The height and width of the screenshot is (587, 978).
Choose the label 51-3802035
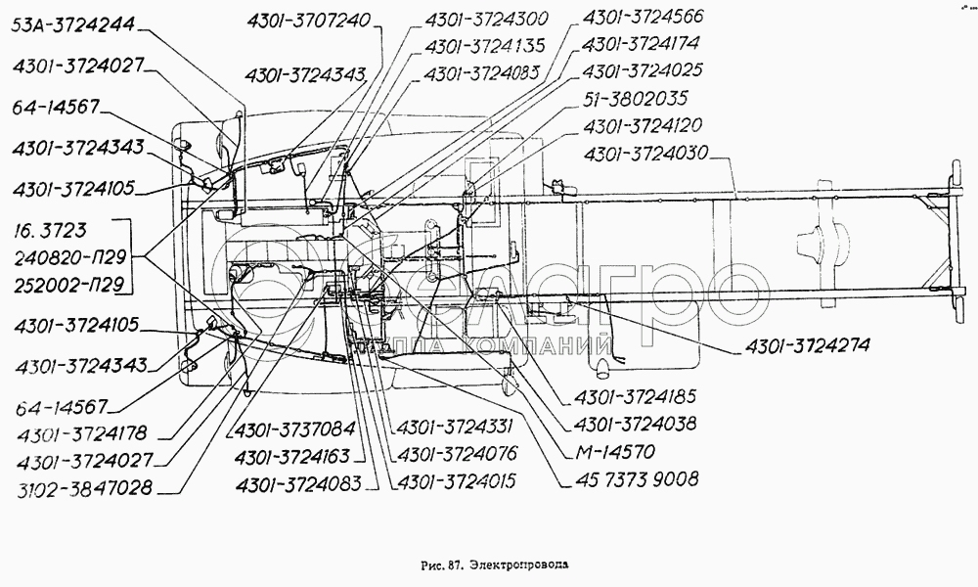click(634, 99)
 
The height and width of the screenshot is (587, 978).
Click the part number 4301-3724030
click(647, 153)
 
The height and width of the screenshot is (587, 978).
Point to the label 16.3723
click(51, 231)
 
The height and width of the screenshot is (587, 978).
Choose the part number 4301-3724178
click(84, 433)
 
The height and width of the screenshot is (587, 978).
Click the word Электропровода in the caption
click(519, 564)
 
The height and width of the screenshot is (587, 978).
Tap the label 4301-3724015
click(452, 481)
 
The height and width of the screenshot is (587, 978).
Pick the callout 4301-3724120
click(644, 126)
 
